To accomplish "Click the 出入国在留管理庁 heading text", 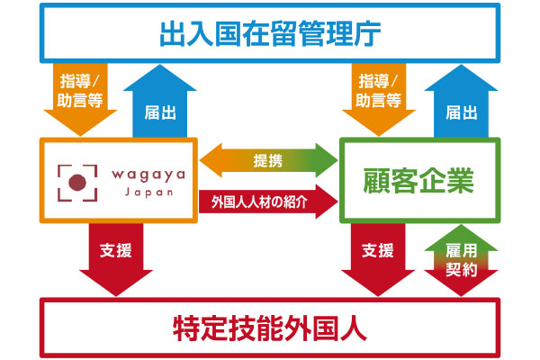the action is (x=270, y=33).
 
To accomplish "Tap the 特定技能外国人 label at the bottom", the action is (x=270, y=328).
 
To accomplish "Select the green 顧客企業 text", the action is (x=418, y=181).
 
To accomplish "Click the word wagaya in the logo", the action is (x=148, y=175).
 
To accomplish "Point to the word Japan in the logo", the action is (x=148, y=193).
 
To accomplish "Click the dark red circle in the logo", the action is (x=77, y=183).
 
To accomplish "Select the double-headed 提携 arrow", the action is (x=268, y=160).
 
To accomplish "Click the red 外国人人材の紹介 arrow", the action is (x=268, y=202).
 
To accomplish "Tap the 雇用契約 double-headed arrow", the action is (x=461, y=260).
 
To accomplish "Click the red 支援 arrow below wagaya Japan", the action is (x=116, y=259).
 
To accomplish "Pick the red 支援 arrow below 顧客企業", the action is (x=378, y=259).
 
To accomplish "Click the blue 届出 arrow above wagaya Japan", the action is (x=160, y=102).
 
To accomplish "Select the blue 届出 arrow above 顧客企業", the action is (x=461, y=102).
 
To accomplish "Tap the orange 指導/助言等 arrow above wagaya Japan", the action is (x=80, y=99).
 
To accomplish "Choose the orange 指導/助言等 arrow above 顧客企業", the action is (x=379, y=99).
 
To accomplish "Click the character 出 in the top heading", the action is (x=173, y=34).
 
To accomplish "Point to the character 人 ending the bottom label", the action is (x=354, y=328).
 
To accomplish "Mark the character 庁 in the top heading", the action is (x=368, y=34).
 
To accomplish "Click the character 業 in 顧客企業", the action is (x=461, y=181).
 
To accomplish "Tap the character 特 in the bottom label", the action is (x=186, y=328).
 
